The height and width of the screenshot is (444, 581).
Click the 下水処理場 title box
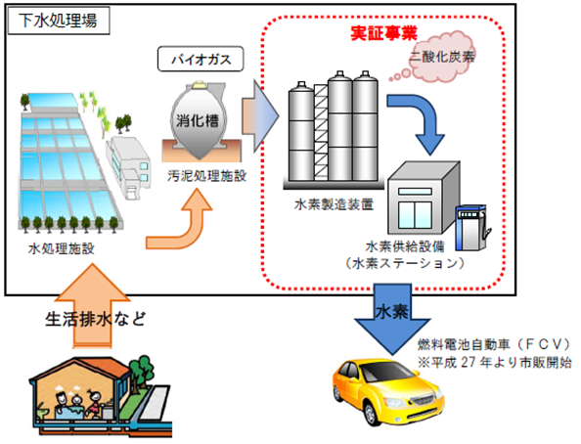59,21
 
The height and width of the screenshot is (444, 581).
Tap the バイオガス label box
201,59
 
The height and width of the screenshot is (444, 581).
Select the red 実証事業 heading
383,33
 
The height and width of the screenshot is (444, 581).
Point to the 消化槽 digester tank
199,121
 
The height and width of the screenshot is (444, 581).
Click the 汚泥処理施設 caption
206,176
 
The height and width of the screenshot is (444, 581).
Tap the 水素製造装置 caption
334,204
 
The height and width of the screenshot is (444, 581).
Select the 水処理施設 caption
62,248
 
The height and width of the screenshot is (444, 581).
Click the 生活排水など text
96,319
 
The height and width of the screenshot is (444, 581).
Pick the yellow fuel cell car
387,391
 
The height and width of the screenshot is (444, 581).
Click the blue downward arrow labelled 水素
392,318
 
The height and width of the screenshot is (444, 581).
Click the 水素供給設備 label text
405,246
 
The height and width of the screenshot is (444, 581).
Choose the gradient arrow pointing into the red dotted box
260,116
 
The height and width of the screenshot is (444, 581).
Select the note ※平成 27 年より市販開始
495,362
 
